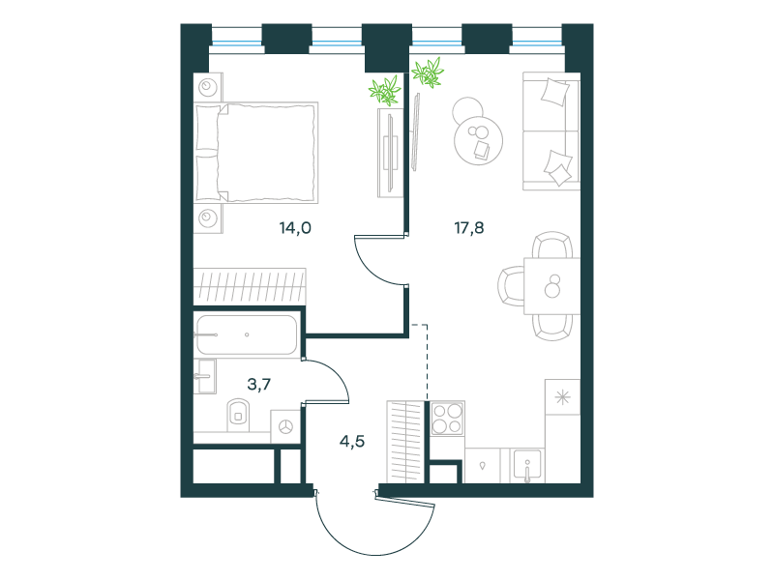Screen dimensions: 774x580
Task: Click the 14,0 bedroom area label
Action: click(x=295, y=228)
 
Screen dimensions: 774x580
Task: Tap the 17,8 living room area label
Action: click(x=469, y=228)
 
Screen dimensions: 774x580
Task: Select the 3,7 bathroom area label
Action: click(x=259, y=384)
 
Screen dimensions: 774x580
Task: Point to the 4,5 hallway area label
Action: click(x=352, y=441)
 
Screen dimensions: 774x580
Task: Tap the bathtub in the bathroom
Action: click(x=247, y=334)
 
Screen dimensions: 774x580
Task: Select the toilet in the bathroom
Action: click(x=238, y=415)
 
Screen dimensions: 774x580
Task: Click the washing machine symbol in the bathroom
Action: click(x=285, y=426)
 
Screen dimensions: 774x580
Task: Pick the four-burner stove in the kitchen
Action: click(x=447, y=419)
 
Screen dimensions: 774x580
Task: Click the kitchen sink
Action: click(x=526, y=465)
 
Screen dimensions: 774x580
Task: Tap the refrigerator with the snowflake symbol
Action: click(x=562, y=397)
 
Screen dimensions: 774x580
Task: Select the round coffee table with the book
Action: click(x=478, y=140)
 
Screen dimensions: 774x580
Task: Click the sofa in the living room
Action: click(x=551, y=131)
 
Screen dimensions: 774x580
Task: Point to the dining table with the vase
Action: click(x=551, y=286)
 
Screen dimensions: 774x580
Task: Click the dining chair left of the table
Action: click(x=511, y=286)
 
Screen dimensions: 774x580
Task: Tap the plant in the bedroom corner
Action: click(x=385, y=90)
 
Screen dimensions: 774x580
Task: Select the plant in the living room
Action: click(x=428, y=72)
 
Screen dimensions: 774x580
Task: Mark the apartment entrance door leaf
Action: click(x=404, y=500)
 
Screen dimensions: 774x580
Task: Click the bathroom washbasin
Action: click(x=204, y=376)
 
